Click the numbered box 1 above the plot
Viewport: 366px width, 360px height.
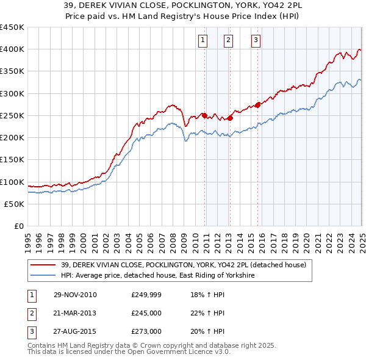point(202,41)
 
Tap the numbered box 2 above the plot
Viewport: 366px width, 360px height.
point(228,41)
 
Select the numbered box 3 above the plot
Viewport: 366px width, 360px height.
point(256,41)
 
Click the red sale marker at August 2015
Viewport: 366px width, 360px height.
point(258,105)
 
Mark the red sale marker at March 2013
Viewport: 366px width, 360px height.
point(231,118)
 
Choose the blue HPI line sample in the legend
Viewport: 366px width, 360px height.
point(43,276)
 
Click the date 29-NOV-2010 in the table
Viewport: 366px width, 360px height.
point(74,295)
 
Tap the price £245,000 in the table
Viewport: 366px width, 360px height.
point(146,313)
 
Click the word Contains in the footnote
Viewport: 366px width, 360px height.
point(43,345)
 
